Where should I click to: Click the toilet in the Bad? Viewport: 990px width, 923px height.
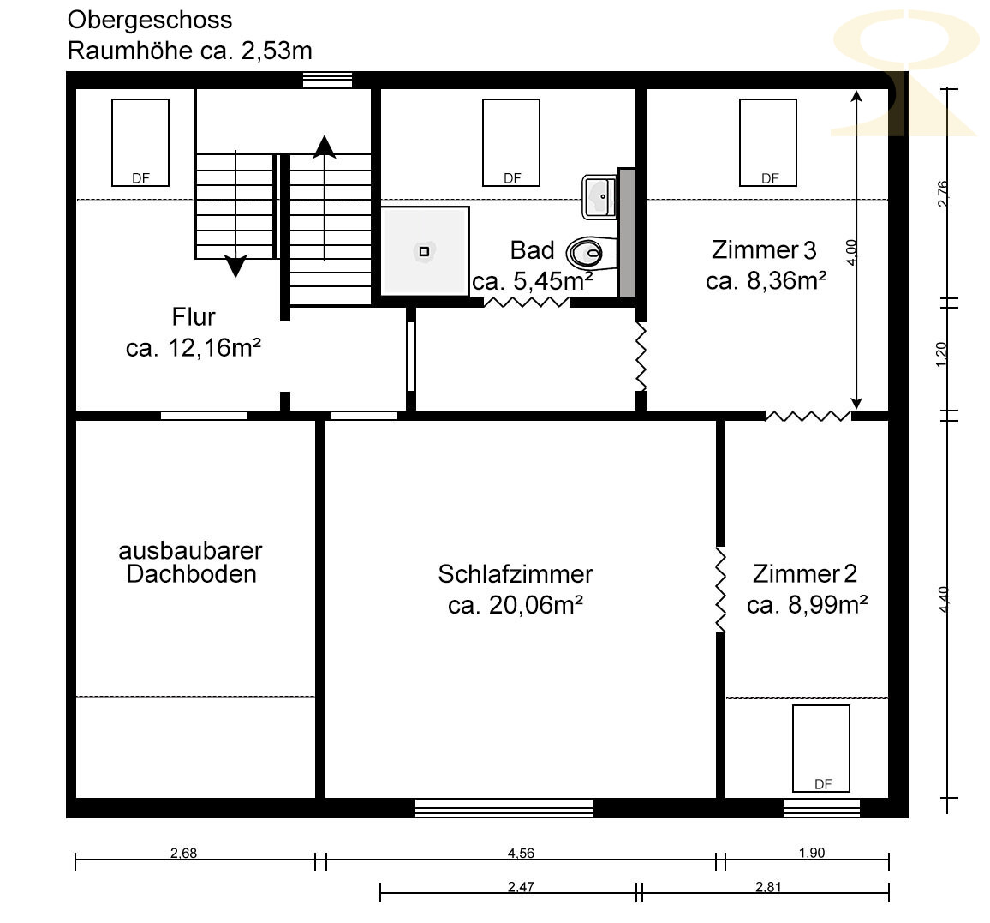click(x=591, y=254)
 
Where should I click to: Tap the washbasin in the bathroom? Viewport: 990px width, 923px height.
click(x=599, y=196)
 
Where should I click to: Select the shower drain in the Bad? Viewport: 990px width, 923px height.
click(x=424, y=251)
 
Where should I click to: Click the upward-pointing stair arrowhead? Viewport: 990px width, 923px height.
click(x=325, y=147)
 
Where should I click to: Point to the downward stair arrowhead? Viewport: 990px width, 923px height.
click(x=236, y=266)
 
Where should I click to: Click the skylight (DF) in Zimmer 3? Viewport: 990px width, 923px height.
click(x=767, y=143)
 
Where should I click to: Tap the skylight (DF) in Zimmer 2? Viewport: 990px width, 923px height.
click(x=820, y=749)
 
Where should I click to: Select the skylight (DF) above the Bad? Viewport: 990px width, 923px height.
click(x=510, y=143)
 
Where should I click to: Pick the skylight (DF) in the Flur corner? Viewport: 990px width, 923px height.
click(x=140, y=143)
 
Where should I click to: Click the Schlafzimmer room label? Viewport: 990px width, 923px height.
click(x=516, y=574)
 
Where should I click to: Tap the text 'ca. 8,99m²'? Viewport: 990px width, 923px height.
click(x=807, y=605)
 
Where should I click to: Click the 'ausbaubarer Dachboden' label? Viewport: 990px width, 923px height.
click(x=191, y=562)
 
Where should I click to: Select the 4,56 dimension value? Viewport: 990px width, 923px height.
click(x=521, y=853)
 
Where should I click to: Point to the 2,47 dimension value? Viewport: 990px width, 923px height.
click(x=521, y=887)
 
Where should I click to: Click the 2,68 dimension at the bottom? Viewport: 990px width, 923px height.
click(x=184, y=853)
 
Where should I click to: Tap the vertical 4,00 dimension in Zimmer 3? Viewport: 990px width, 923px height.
click(x=852, y=252)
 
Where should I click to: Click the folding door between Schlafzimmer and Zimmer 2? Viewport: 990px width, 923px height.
click(x=720, y=590)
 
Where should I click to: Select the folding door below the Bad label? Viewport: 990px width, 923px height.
click(x=527, y=303)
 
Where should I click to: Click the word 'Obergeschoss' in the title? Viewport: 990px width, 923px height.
click(x=150, y=21)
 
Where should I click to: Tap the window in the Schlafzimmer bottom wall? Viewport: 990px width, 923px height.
click(x=504, y=808)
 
